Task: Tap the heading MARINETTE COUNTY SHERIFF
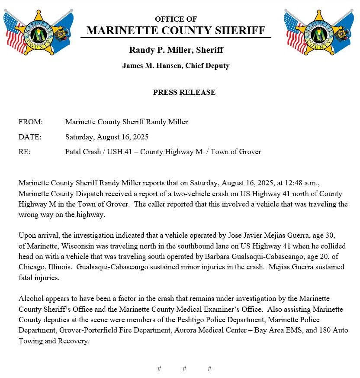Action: point(176,30)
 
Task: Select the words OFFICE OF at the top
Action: point(176,19)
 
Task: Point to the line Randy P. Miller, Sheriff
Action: point(176,50)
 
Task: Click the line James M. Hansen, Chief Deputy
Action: point(176,66)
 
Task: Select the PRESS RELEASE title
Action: point(184,92)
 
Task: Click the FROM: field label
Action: point(30,122)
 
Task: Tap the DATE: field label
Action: point(30,137)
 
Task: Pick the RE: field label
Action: point(25,152)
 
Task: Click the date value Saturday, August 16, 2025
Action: point(107,137)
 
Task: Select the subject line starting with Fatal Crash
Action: point(163,152)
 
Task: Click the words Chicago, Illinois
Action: point(45,267)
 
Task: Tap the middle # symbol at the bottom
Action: point(184,368)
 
